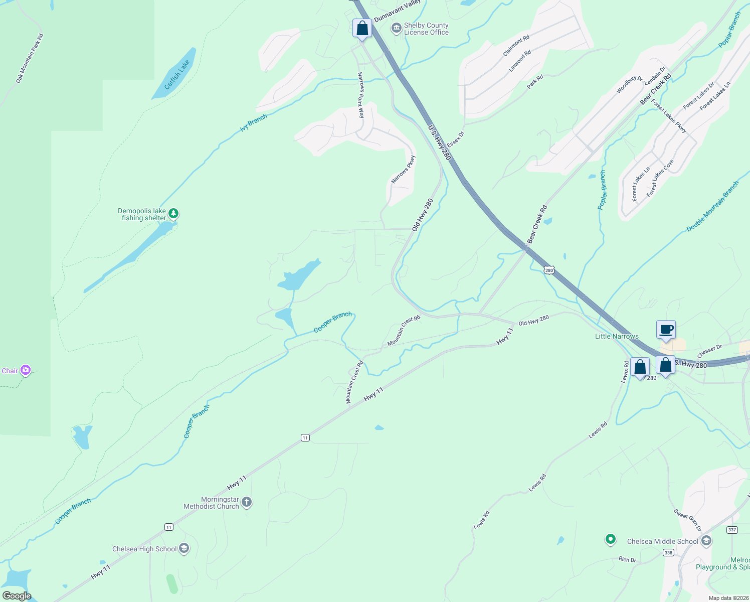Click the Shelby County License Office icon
[x=396, y=28]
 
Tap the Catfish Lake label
[x=177, y=75]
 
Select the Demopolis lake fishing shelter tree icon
[x=173, y=214]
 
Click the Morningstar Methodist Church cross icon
[x=247, y=502]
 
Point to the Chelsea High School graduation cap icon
[x=184, y=549]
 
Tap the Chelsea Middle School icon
[x=706, y=541]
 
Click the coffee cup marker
[x=666, y=330]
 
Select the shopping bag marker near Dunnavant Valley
[x=362, y=29]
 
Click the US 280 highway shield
[x=549, y=270]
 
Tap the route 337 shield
[x=732, y=530]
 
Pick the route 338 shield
[x=668, y=553]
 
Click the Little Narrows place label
[x=617, y=336]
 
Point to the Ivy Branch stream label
[x=253, y=123]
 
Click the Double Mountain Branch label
[x=712, y=206]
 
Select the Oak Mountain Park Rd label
[x=30, y=58]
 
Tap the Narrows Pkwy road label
[x=404, y=169]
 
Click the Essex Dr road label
[x=456, y=139]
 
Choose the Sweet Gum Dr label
[x=687, y=520]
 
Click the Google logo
[x=17, y=596]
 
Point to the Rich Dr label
[x=627, y=559]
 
